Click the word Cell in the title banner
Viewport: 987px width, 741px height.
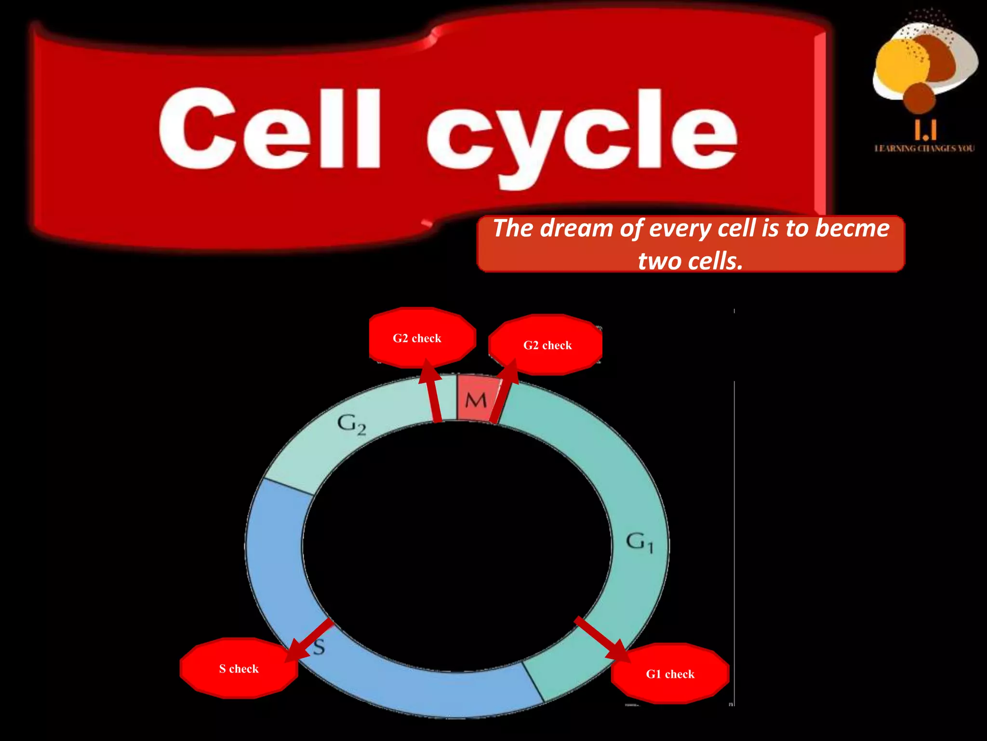coord(270,129)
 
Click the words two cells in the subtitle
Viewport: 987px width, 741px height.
coord(690,261)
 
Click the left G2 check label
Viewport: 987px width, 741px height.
coord(417,338)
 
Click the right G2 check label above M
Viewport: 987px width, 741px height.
coord(547,345)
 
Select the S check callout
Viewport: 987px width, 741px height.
coord(239,669)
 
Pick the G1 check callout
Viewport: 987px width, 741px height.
coord(670,674)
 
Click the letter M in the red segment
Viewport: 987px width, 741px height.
coord(476,400)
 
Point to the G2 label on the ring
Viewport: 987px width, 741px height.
coord(351,425)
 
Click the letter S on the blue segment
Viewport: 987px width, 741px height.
coord(319,646)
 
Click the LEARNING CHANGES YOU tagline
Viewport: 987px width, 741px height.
coord(924,149)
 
